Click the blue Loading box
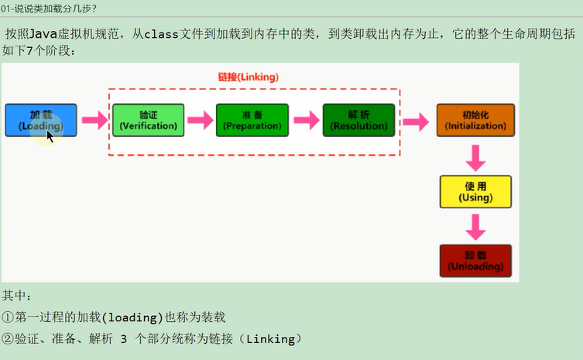tap(41, 120)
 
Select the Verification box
tap(149, 120)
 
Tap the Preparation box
tap(252, 120)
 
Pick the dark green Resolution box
tap(358, 120)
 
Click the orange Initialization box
tap(475, 120)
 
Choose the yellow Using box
tap(475, 192)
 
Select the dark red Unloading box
tap(475, 261)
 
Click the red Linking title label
tap(249, 77)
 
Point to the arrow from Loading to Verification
tap(94, 120)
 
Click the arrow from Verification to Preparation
tap(201, 120)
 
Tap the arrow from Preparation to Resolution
tap(307, 120)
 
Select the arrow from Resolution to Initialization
tap(416, 122)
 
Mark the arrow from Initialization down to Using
tap(475, 159)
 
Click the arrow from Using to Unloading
tap(475, 228)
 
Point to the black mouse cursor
tap(50, 136)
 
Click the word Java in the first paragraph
tap(43, 34)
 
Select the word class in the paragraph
tap(161, 34)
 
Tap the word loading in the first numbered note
tap(132, 317)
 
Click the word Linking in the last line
tap(270, 339)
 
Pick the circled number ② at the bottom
tap(8, 339)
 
